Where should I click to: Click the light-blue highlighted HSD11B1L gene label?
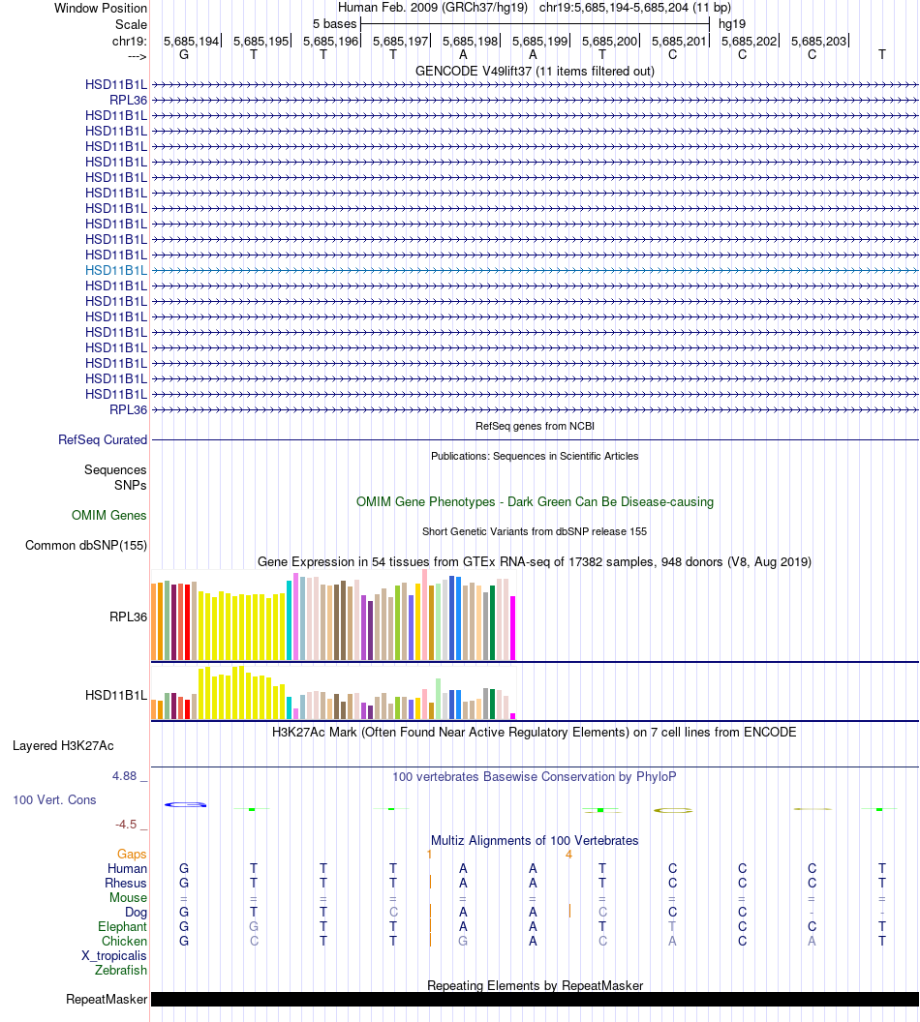pos(116,270)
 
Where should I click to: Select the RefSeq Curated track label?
pos(103,439)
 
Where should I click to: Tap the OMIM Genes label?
pos(109,516)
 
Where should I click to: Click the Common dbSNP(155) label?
pos(86,546)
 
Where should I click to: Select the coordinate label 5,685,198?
pos(471,41)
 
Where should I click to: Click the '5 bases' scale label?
pos(334,23)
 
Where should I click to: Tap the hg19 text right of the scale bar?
pos(731,23)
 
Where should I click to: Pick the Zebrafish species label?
pos(121,970)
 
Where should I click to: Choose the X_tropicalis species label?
pos(114,955)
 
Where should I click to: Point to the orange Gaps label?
pos(132,855)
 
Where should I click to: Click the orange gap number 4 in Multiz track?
pos(568,855)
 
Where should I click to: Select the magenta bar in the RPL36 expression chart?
pos(513,628)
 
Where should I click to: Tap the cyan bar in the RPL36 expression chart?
pos(289,619)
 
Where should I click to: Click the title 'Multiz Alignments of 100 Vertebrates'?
pos(535,840)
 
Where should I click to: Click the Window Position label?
pos(101,8)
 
